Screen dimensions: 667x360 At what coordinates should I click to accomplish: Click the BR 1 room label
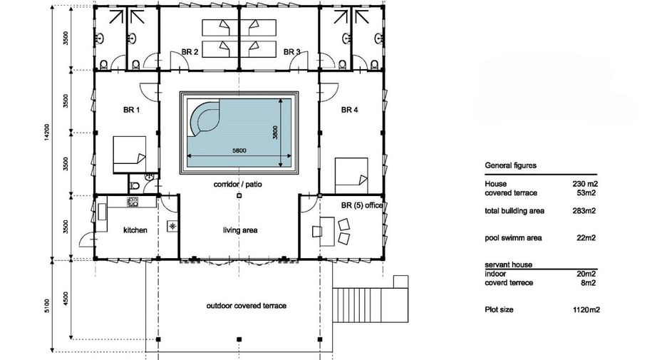click(x=131, y=110)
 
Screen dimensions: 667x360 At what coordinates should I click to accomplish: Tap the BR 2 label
click(x=190, y=52)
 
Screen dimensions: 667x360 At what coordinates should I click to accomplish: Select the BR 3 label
click(x=292, y=52)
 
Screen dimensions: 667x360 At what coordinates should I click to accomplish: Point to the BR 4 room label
click(x=350, y=110)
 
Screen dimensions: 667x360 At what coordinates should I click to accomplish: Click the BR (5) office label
click(x=362, y=205)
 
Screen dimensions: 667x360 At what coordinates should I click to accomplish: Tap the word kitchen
click(x=135, y=230)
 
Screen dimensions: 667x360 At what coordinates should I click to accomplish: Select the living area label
click(x=240, y=230)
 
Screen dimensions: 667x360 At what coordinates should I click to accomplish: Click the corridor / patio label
click(x=238, y=184)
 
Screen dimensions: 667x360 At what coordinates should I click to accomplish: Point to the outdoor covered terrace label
click(x=247, y=306)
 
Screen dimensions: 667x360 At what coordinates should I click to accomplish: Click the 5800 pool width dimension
click(x=239, y=150)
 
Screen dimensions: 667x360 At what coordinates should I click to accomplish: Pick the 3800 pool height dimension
click(x=275, y=133)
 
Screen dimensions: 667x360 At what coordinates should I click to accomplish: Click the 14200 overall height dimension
click(x=47, y=132)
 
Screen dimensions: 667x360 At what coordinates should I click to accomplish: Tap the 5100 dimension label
click(x=47, y=306)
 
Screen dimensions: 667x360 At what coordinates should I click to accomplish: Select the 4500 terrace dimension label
click(x=65, y=298)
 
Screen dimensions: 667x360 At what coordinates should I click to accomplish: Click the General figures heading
click(x=510, y=165)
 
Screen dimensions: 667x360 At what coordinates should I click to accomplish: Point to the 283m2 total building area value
click(x=584, y=210)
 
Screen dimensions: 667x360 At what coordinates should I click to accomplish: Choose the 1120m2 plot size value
click(x=586, y=310)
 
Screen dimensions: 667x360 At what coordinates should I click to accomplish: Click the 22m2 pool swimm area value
click(x=586, y=238)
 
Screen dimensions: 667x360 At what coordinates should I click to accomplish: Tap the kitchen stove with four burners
click(x=133, y=202)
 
